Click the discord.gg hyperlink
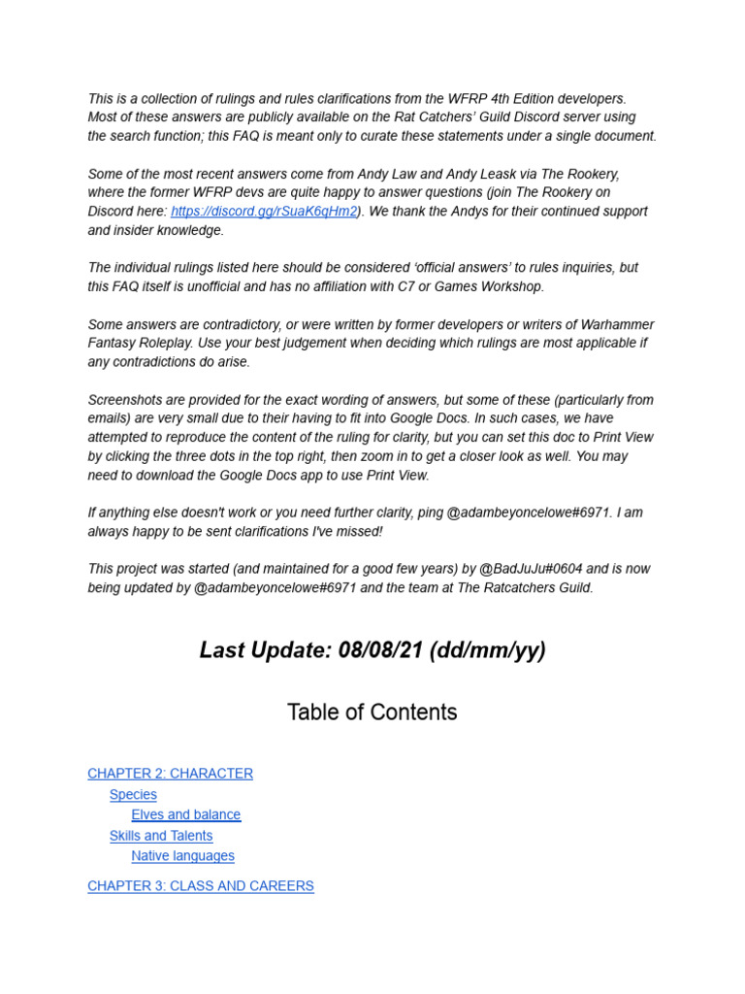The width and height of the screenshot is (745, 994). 264,212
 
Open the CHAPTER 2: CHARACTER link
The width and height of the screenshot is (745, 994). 170,774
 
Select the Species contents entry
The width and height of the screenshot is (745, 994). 133,795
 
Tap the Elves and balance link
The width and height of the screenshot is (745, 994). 186,815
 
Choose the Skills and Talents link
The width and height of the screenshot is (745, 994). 161,836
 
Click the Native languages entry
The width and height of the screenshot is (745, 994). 183,856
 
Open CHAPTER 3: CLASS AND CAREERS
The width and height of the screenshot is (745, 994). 201,886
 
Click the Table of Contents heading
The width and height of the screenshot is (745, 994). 372,712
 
